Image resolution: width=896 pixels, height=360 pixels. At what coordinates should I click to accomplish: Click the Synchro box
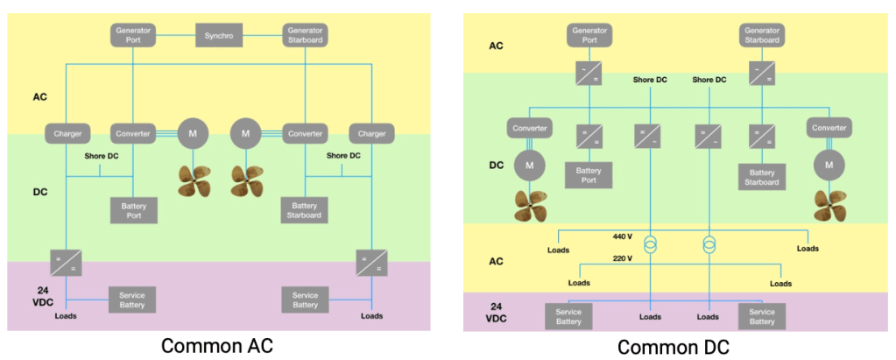pyautogui.click(x=218, y=36)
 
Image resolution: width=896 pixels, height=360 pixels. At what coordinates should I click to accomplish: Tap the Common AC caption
pyautogui.click(x=218, y=346)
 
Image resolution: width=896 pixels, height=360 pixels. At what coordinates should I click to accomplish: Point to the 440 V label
pyautogui.click(x=623, y=236)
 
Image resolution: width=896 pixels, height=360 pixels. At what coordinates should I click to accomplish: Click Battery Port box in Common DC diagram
pyautogui.click(x=589, y=175)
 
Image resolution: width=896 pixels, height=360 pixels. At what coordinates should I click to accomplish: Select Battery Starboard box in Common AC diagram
pyautogui.click(x=304, y=209)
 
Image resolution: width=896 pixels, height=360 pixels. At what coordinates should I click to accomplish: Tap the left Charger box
pyautogui.click(x=68, y=134)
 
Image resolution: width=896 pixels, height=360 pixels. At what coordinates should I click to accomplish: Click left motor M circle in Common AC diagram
pyautogui.click(x=192, y=134)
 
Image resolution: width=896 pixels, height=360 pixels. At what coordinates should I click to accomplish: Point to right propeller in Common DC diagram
pyautogui.click(x=829, y=204)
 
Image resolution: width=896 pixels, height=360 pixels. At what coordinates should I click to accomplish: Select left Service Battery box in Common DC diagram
pyautogui.click(x=569, y=316)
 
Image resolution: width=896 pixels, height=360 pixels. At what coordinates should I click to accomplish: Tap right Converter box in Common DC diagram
pyautogui.click(x=829, y=128)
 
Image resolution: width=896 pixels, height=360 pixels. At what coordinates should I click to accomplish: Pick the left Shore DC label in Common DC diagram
pyautogui.click(x=650, y=80)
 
